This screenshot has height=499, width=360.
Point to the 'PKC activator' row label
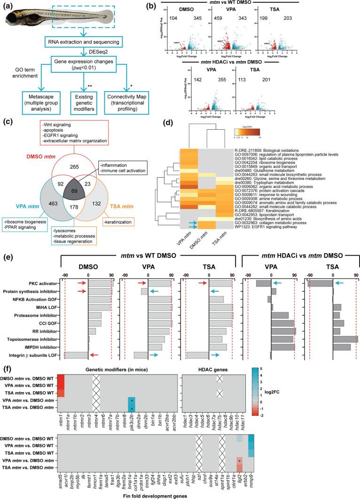[x=44, y=283]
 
